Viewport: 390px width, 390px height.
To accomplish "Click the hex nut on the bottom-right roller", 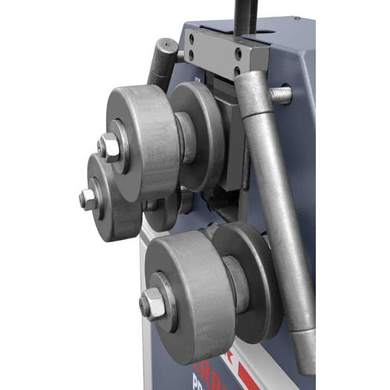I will [152, 302].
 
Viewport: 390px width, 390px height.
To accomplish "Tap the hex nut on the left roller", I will [88, 199].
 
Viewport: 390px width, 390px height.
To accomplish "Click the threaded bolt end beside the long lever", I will [281, 95].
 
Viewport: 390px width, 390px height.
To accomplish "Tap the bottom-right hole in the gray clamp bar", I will [237, 71].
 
